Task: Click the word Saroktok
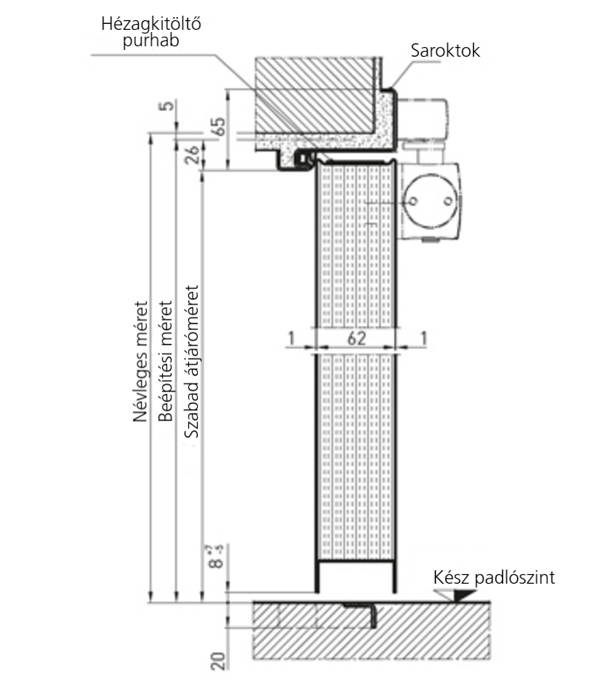(446, 50)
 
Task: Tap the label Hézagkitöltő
(151, 23)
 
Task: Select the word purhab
(151, 40)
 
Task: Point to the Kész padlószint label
(494, 577)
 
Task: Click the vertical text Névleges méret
(140, 361)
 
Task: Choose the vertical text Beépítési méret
(165, 361)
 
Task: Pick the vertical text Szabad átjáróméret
(191, 361)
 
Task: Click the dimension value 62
(357, 338)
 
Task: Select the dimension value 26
(193, 154)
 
